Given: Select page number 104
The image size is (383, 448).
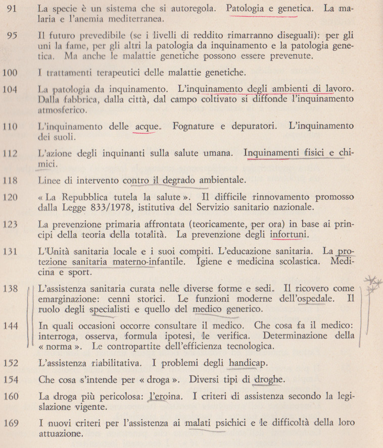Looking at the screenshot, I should click(x=11, y=90).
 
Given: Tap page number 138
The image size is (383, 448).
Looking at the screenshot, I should click(x=11, y=289).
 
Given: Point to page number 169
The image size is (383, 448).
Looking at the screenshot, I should click(x=11, y=422).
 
